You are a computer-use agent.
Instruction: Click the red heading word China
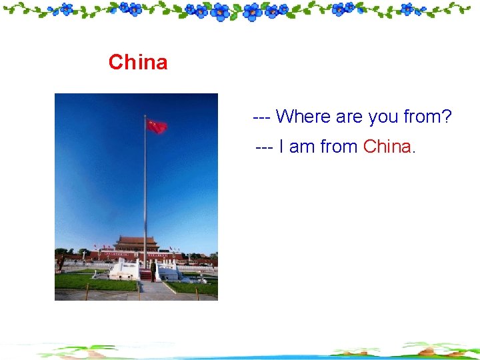(x=138, y=63)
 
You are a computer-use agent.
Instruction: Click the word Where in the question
(x=303, y=117)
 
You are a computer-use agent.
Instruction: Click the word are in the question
(x=349, y=117)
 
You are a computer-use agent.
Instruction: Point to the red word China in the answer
(x=387, y=147)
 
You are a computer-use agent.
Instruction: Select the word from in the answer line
(x=339, y=147)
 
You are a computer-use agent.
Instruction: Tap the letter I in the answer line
(x=282, y=147)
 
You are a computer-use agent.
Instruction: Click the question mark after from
(x=447, y=117)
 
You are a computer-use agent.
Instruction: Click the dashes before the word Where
(x=261, y=117)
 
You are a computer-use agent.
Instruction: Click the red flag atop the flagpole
(x=157, y=127)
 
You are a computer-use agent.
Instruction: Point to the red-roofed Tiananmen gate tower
(x=136, y=244)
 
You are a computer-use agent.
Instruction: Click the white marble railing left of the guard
(x=124, y=269)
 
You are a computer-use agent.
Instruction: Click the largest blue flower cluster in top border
(x=253, y=11)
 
